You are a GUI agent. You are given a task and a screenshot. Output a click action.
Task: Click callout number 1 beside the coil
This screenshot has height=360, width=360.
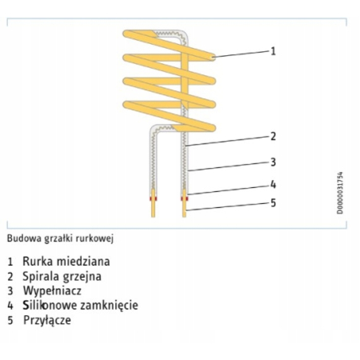tap(273, 51)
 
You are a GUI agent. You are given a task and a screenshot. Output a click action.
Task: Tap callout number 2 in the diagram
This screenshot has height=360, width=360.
tap(273, 136)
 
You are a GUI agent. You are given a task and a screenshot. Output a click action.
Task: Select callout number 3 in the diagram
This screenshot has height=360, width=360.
tap(273, 162)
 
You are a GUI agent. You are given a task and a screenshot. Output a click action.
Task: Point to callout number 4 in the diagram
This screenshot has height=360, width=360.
tap(273, 184)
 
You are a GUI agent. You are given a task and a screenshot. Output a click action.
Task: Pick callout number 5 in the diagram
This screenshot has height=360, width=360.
tap(273, 203)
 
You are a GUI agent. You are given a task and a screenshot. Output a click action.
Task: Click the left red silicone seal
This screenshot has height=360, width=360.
tap(153, 198)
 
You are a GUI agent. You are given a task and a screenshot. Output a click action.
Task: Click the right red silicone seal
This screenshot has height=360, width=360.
tap(184, 198)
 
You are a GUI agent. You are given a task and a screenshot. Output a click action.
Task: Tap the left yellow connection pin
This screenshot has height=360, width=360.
tap(153, 203)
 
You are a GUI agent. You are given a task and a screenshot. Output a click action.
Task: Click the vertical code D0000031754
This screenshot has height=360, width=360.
tap(340, 193)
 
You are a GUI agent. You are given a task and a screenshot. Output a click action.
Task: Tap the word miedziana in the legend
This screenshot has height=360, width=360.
tap(83, 262)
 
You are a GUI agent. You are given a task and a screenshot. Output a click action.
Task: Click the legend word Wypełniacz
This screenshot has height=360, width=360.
tap(52, 291)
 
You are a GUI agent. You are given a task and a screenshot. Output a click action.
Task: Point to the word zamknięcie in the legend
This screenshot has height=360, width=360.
tap(109, 306)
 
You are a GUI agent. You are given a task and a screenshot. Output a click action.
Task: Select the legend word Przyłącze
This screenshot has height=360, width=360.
tap(47, 320)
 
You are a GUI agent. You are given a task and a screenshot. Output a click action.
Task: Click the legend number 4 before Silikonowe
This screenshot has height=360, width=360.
tap(10, 306)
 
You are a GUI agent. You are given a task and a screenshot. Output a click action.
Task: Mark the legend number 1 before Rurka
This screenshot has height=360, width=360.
tap(10, 262)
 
